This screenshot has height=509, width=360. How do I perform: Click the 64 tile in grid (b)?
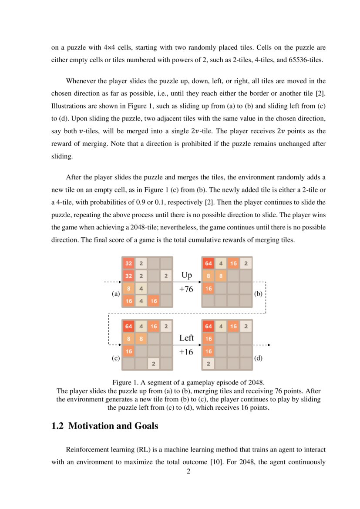(209, 263)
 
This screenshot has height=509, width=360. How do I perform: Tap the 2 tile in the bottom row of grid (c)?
(154, 364)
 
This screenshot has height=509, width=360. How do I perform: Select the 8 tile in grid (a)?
(129, 288)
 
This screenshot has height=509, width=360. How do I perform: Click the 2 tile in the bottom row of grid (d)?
(209, 364)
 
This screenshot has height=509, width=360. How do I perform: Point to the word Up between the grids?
(186, 275)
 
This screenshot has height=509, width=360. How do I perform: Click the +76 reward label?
(186, 289)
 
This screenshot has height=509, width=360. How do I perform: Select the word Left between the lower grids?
(186, 338)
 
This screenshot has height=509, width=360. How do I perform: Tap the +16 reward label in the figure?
(186, 352)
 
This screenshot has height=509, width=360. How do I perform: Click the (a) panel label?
(115, 294)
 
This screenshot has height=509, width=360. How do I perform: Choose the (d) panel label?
(259, 359)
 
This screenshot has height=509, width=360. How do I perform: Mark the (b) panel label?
(259, 294)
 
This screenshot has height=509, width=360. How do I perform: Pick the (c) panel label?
(115, 359)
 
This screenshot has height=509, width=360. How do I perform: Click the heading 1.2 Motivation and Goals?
(104, 426)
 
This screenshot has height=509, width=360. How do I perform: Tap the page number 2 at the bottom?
(188, 471)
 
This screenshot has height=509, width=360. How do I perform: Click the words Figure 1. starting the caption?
(125, 383)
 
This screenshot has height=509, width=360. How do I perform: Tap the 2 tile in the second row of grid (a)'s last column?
(166, 276)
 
